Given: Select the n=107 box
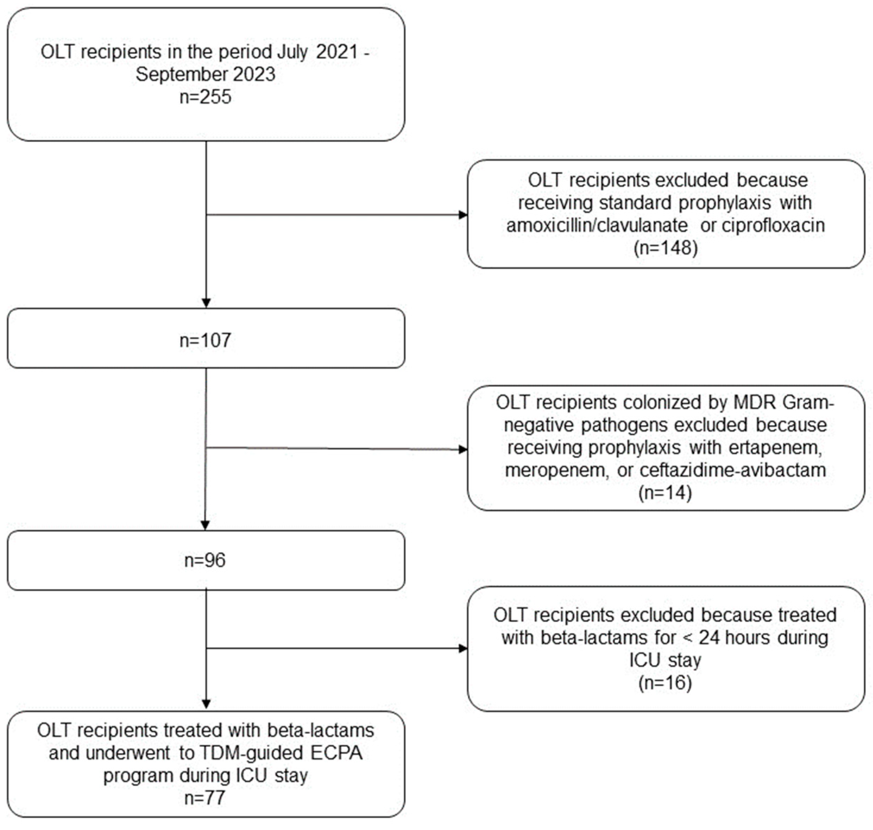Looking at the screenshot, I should click(x=205, y=340).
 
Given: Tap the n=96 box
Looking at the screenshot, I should click(x=205, y=560).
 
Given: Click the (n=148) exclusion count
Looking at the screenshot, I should click(x=665, y=248).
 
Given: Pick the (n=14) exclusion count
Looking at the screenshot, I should click(x=665, y=492).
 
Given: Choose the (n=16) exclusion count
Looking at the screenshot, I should click(x=665, y=682).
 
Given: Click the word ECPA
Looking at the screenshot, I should click(x=336, y=753).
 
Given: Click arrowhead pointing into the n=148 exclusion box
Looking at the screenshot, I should click(x=463, y=215).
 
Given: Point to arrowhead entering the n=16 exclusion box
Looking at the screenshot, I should click(x=463, y=649).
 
